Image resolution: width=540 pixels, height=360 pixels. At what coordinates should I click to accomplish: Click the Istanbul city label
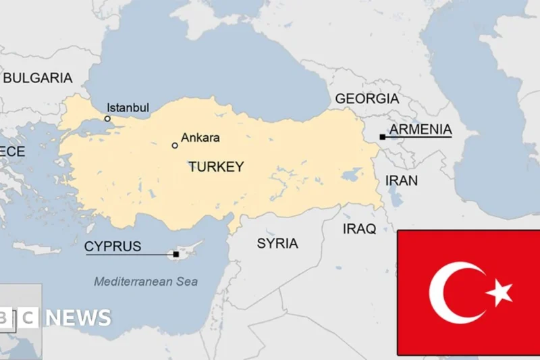pos(128,108)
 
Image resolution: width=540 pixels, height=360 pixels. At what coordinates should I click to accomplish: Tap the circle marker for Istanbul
pos(107,119)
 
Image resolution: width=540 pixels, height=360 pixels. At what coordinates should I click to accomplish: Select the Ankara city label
pos(202,138)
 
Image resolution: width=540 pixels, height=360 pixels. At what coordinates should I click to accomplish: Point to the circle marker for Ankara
pos(175,145)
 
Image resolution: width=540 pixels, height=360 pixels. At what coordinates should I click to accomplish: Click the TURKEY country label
pos(216,166)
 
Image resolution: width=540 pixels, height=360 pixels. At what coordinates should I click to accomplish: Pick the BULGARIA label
pos(37,78)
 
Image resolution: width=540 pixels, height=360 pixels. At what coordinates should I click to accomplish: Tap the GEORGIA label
pos(367,99)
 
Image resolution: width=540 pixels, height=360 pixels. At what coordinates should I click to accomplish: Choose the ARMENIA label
pos(421,129)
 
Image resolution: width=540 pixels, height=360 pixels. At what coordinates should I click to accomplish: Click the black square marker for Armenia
pos(382,137)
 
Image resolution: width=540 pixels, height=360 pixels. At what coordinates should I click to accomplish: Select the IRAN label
pos(401,180)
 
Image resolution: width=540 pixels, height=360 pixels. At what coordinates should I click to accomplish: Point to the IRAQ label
pos(359,229)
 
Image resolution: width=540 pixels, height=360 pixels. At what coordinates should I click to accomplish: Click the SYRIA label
pos(277,243)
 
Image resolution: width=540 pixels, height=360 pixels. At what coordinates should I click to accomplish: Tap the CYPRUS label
pos(113,247)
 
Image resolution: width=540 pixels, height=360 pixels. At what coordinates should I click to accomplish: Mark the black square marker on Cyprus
pos(176,255)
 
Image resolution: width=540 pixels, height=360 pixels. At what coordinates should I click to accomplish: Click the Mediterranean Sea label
pos(146,282)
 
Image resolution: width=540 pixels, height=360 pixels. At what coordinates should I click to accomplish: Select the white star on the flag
pos(500,292)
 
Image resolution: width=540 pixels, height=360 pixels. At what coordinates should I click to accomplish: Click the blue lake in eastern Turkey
pos(351,175)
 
